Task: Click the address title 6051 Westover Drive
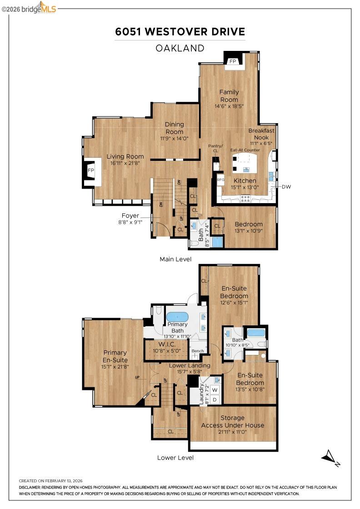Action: click(x=180, y=32)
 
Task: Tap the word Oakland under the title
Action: click(x=180, y=48)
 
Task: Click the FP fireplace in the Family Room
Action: click(x=233, y=61)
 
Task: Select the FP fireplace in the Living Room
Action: click(x=91, y=170)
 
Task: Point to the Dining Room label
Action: click(x=174, y=128)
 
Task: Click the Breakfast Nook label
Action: click(x=261, y=134)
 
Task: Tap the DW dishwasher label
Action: click(x=286, y=187)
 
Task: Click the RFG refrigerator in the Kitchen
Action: click(x=221, y=180)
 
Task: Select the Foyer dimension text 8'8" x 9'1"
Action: click(x=130, y=222)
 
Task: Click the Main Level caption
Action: click(x=175, y=259)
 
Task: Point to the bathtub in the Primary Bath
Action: click(x=177, y=317)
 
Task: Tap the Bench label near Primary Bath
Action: click(x=197, y=351)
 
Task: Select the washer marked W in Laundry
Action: click(x=215, y=389)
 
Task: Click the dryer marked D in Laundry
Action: click(x=215, y=399)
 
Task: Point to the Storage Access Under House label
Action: click(x=232, y=421)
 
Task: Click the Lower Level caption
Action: click(x=175, y=458)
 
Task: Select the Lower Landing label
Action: click(x=190, y=365)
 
